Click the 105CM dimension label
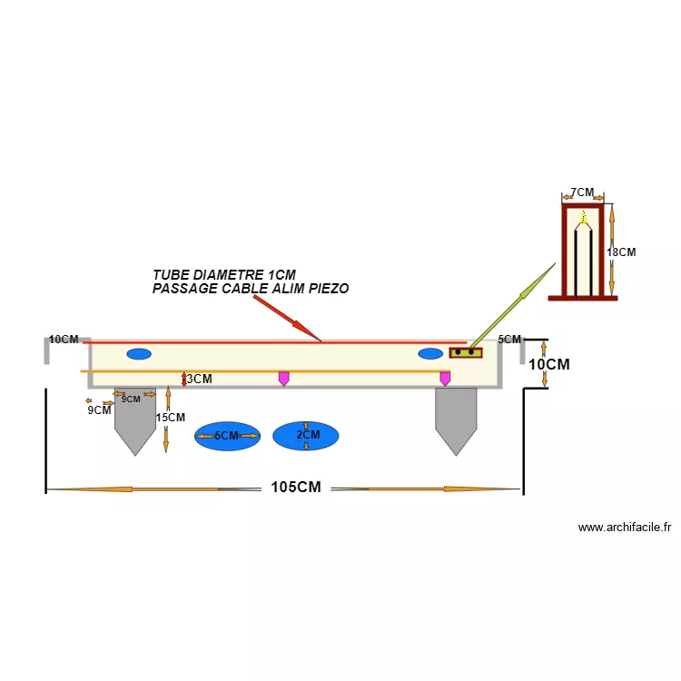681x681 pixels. pos(296,488)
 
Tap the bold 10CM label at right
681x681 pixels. pos(549,364)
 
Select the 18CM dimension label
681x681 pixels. pos(621,252)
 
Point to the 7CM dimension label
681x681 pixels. pos(581,193)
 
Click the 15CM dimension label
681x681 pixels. pos(170,418)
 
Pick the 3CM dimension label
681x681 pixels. pos(200,379)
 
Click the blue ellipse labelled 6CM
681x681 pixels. pos(227,436)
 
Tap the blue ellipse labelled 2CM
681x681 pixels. pos(306,436)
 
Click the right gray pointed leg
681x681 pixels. pos(456,420)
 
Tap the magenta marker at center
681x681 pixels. pos(283,378)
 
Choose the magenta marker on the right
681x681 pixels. pos(445,378)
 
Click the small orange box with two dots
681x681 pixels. pos(466,352)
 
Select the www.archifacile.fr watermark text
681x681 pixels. pos(625,527)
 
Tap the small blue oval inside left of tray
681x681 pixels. pos(139,353)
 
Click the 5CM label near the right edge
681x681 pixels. pos(510,340)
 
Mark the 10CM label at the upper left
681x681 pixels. pos(64,340)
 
